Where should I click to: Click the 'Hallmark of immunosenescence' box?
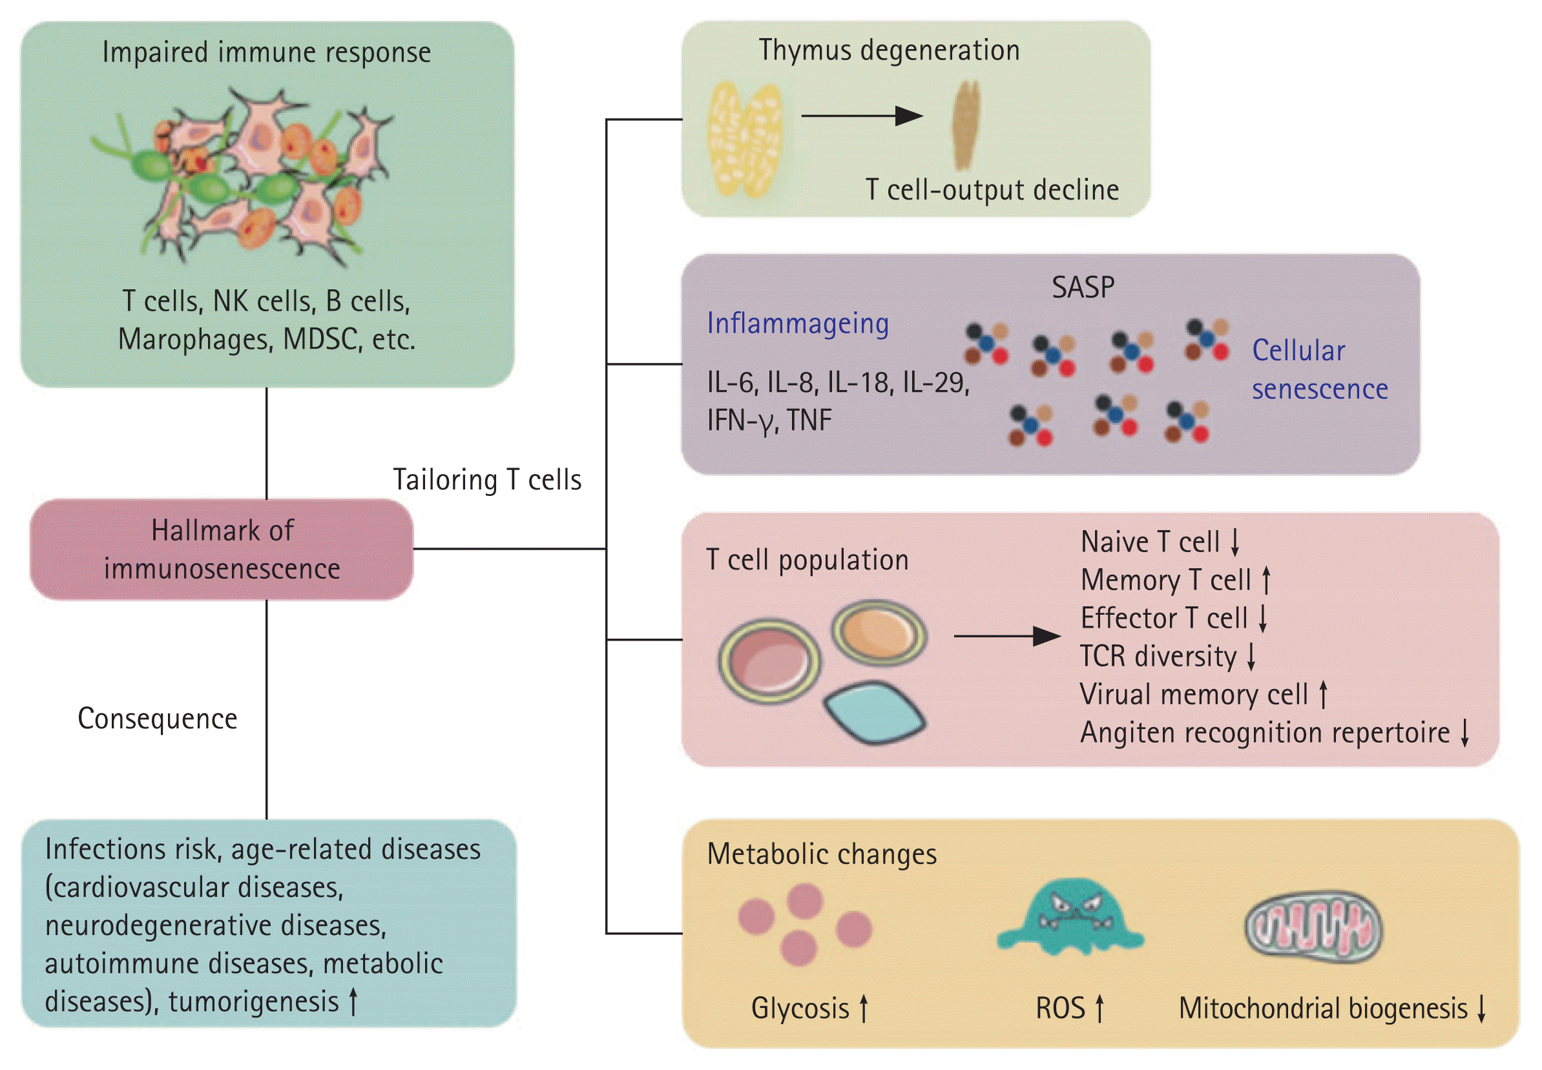(222, 549)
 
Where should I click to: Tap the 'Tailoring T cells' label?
(487, 480)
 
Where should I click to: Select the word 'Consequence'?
(158, 719)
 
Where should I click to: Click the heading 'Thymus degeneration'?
(889, 50)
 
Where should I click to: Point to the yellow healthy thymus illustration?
(744, 139)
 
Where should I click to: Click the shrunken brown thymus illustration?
(966, 125)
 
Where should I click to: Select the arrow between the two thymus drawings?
(862, 116)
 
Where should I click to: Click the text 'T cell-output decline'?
(992, 190)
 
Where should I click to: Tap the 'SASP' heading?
(1083, 287)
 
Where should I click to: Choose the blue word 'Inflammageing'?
(798, 323)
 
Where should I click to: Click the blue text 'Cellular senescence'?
(1318, 369)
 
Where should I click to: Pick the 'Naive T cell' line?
(1160, 542)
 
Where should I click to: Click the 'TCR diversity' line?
(1167, 655)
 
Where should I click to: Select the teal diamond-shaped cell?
(875, 712)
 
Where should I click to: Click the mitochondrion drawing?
(1313, 927)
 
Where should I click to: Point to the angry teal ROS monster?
(1070, 917)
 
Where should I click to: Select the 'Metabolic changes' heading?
(822, 854)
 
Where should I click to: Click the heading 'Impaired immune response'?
(266, 52)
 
